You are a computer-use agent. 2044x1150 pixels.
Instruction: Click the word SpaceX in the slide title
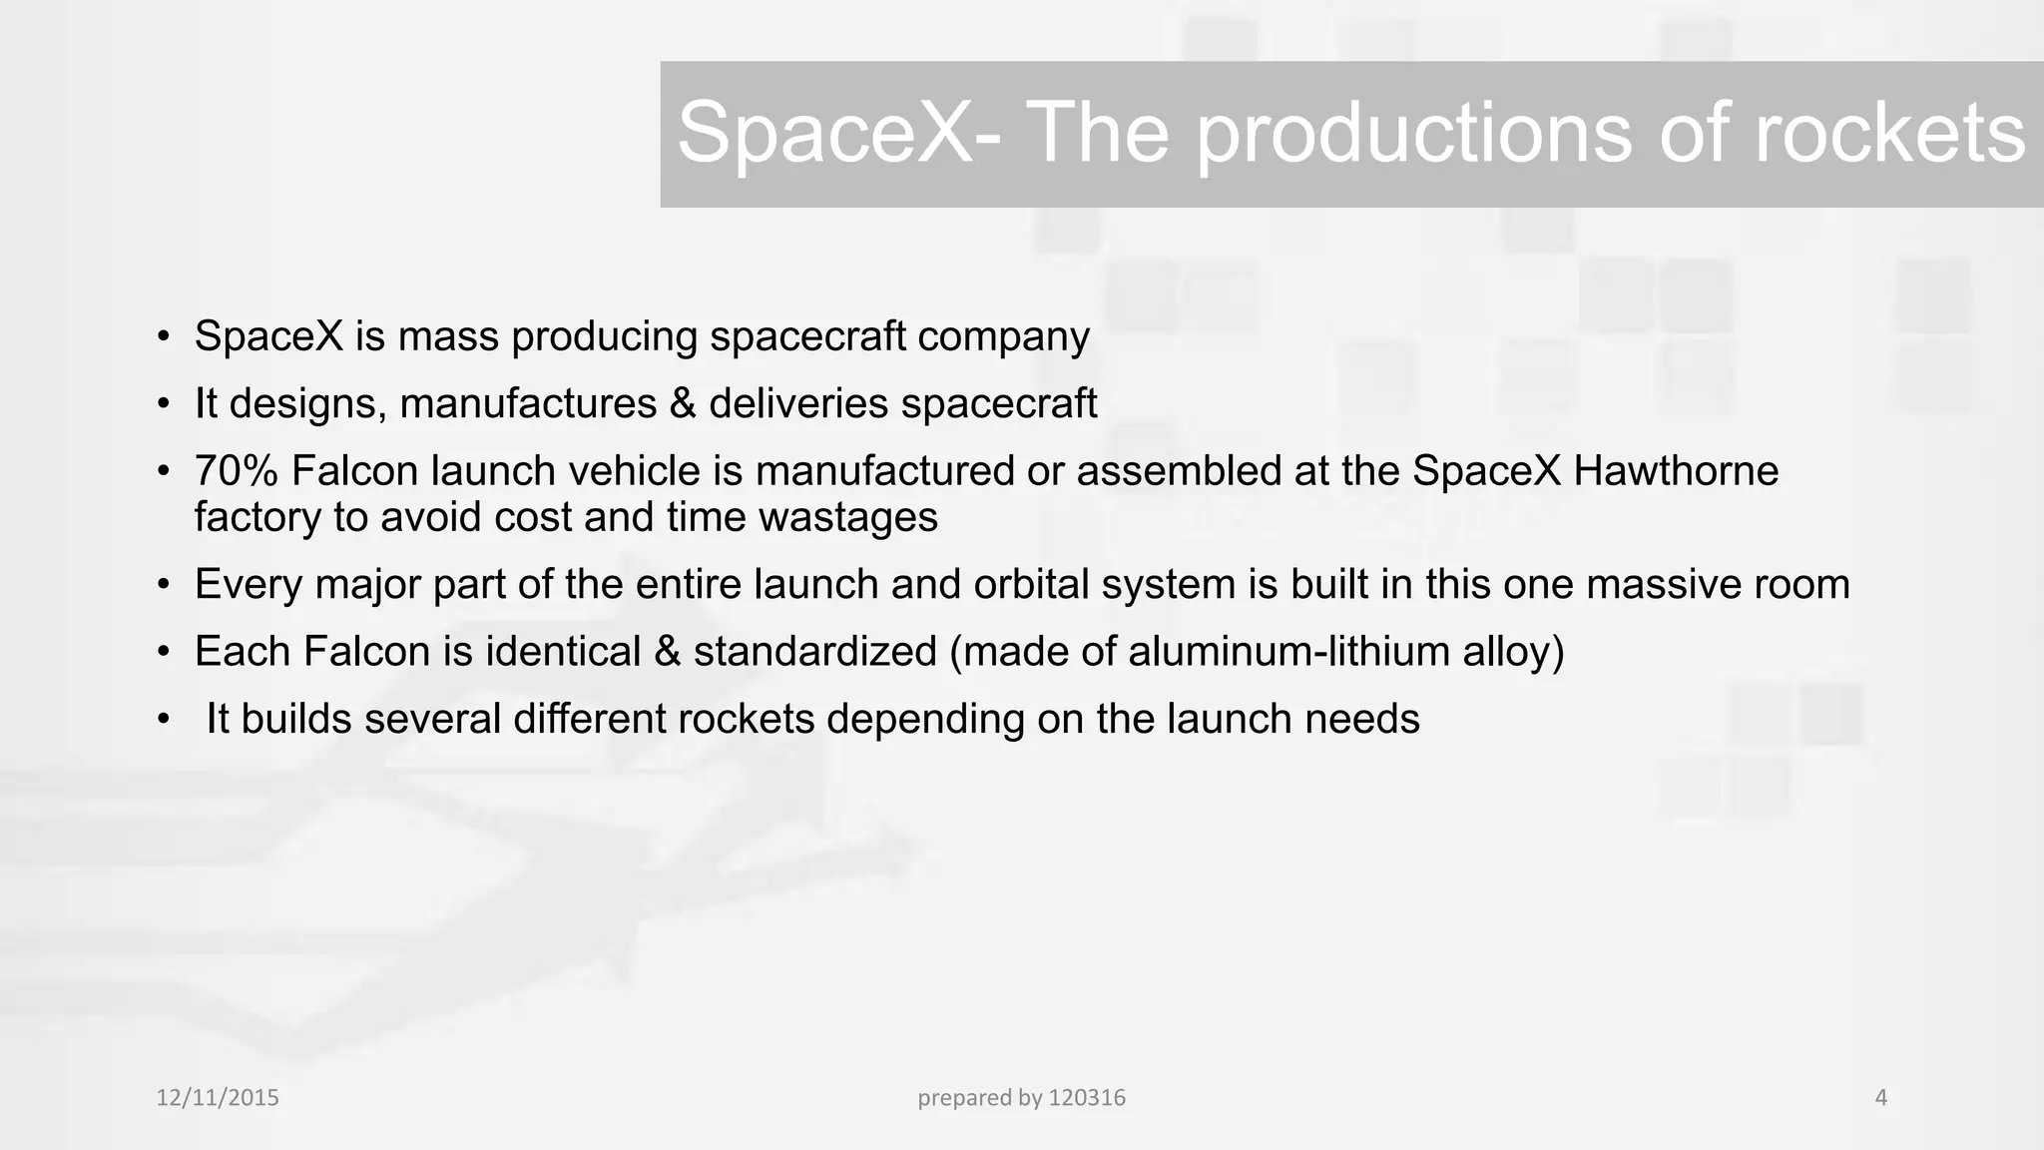click(x=824, y=134)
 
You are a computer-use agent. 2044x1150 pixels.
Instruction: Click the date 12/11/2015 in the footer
click(x=218, y=1098)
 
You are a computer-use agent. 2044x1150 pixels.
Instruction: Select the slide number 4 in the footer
click(x=1881, y=1098)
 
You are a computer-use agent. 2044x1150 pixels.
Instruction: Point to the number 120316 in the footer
click(x=1087, y=1098)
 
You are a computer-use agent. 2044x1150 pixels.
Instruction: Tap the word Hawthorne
click(x=1676, y=471)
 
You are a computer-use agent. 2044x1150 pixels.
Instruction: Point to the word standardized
click(x=814, y=652)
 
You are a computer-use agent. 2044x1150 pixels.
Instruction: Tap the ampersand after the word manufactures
click(x=683, y=404)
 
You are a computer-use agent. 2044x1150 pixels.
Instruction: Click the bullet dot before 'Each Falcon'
click(x=164, y=653)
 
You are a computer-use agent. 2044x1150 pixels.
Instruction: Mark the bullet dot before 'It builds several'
click(x=164, y=720)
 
